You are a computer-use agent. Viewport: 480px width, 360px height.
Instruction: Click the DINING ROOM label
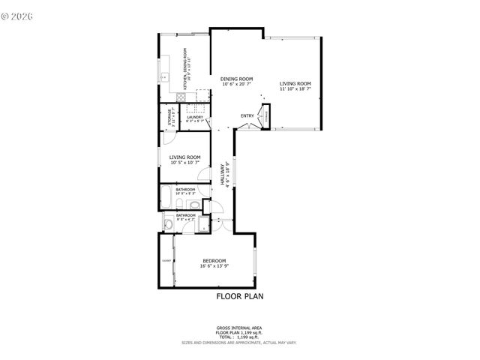tap(236, 79)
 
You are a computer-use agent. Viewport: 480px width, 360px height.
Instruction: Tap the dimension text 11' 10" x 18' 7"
tap(295, 89)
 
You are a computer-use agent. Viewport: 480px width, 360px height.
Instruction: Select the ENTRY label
tap(247, 115)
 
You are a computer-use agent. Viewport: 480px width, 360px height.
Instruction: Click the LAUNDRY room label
tap(195, 117)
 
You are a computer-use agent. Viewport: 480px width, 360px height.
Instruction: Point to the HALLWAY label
tap(223, 175)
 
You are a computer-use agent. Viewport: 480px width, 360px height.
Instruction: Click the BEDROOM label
tap(214, 260)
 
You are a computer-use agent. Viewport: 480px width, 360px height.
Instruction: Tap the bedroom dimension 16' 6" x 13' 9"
tap(214, 266)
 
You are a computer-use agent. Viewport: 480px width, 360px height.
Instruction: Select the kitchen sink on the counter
tap(163, 76)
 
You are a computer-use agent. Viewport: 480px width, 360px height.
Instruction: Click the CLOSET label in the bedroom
tap(166, 261)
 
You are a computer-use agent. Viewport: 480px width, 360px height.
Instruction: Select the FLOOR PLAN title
tap(239, 296)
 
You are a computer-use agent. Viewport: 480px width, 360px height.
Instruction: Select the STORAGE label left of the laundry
tap(169, 118)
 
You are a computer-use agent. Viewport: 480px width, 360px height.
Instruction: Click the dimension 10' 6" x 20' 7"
tap(236, 84)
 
